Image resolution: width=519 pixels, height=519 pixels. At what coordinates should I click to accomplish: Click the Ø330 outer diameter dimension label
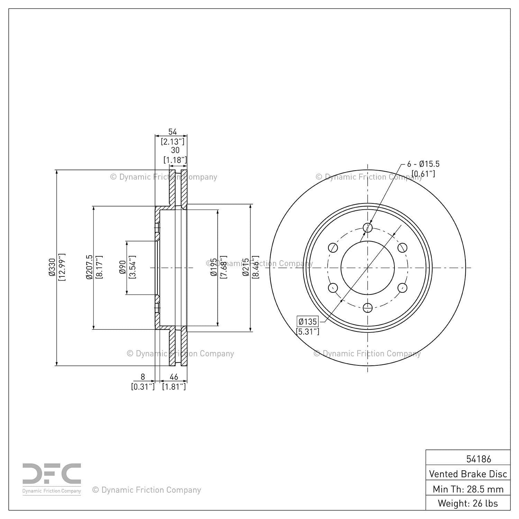52,267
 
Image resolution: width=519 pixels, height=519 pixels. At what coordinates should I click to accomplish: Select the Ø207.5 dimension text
90,267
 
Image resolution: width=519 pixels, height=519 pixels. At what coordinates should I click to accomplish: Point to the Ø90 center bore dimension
122,267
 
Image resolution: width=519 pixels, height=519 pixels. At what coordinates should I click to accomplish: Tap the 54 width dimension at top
172,132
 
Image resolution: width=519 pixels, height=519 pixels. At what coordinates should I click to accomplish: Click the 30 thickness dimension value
175,150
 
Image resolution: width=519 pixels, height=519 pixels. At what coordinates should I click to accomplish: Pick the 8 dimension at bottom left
143,377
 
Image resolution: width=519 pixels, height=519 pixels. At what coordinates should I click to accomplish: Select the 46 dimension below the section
174,377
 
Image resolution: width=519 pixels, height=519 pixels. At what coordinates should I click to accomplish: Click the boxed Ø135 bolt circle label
308,321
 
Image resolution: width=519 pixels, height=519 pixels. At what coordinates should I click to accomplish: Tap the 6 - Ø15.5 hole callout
423,164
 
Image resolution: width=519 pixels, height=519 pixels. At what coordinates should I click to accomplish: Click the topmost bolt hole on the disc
368,227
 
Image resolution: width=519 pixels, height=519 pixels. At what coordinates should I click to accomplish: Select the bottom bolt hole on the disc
368,307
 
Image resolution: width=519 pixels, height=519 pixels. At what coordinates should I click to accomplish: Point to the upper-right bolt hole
402,247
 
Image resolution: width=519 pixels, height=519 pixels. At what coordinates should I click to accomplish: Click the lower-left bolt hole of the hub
333,288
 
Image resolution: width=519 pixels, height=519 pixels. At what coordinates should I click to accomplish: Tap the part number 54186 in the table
479,459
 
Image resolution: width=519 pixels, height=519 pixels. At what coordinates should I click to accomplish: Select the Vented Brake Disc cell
468,474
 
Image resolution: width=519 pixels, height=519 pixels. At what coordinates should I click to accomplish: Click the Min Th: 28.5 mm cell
468,489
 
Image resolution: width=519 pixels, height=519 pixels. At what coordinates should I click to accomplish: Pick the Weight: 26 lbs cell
468,503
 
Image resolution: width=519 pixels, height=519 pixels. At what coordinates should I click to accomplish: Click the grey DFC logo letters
52,474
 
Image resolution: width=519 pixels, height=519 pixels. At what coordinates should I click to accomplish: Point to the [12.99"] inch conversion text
62,267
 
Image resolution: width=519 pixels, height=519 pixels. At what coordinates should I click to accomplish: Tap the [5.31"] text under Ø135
308,331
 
